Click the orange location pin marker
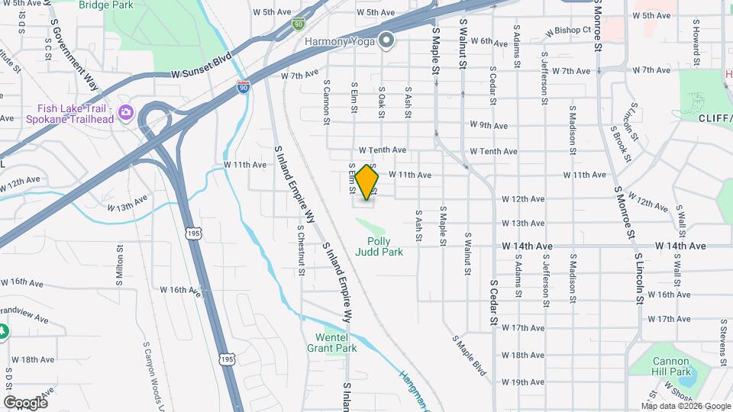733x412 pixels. [x=367, y=182]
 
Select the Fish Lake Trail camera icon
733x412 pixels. [x=126, y=114]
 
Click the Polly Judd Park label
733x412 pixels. [x=379, y=246]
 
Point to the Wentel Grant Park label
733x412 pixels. [x=336, y=343]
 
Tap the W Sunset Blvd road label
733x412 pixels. [x=201, y=75]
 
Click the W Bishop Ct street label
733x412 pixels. [x=570, y=31]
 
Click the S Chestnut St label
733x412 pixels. [x=302, y=249]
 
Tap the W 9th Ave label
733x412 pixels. [x=489, y=125]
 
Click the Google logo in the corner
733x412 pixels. [x=25, y=402]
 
